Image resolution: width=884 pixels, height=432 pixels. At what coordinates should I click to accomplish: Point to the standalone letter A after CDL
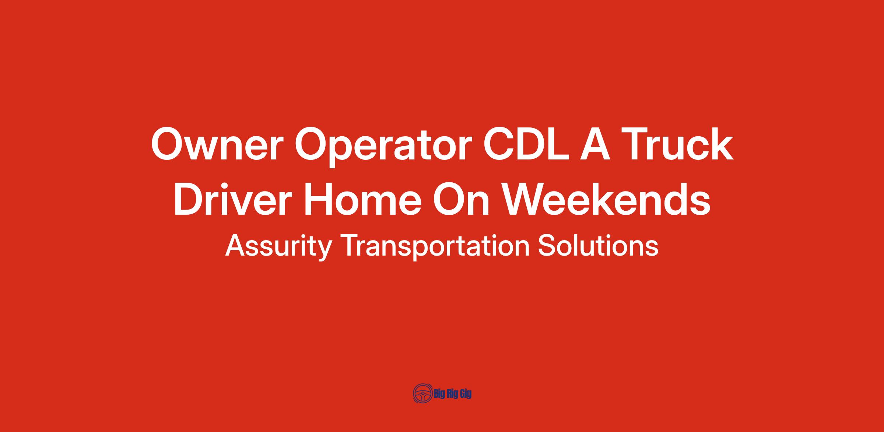tap(594, 144)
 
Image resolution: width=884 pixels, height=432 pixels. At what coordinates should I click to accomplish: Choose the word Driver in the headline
tap(233, 199)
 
